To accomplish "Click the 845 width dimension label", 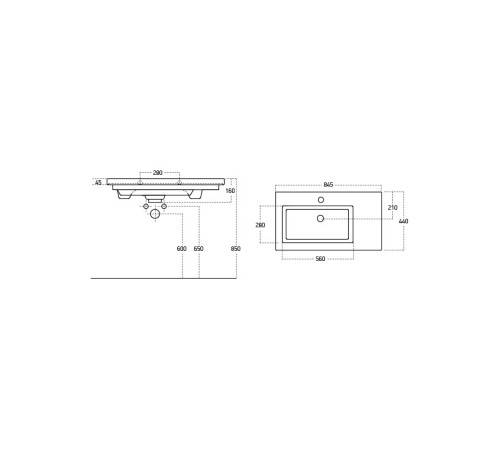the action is pos(328,185).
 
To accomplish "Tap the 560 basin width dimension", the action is pos(320,259).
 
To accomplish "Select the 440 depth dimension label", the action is pos(403,221).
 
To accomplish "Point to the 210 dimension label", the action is pos(393,207).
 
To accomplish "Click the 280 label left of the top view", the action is pos(260,225).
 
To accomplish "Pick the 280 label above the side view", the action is pos(157,173).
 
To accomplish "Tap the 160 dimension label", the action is pos(230,191).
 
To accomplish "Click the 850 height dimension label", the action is pos(235,249).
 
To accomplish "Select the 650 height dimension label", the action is pos(198,249).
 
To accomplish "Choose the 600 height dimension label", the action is pos(182,249).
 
